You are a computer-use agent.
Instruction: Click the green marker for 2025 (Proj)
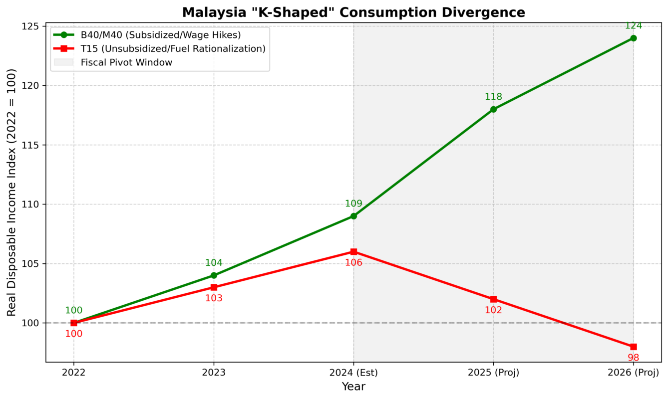[x=493, y=109]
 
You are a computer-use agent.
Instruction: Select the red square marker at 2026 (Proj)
[x=633, y=347]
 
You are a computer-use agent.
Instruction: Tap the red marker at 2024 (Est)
[x=353, y=252]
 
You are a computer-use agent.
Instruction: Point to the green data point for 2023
[x=214, y=275]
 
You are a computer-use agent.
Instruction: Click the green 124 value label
[x=633, y=26]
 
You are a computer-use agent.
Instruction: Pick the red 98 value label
[x=633, y=358]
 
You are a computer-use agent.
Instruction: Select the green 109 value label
[x=353, y=203]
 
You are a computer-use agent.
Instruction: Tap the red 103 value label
[x=214, y=298]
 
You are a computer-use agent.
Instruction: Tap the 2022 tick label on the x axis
[x=74, y=373]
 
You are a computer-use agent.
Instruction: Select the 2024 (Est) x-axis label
[x=353, y=373]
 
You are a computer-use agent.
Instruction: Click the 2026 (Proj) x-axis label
[x=633, y=373]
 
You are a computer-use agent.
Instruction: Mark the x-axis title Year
[x=353, y=387]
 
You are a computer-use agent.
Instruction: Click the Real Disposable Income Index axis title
[x=11, y=192]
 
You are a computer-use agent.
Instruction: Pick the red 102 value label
[x=493, y=310]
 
